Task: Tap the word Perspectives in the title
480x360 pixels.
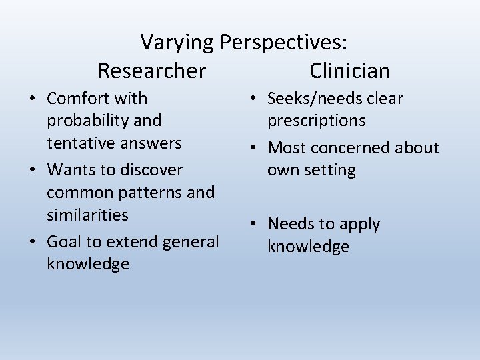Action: coord(283,43)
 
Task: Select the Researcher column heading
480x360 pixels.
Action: coord(152,70)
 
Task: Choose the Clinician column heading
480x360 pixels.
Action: coord(349,70)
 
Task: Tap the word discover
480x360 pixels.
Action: coord(151,169)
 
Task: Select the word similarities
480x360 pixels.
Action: coord(87,215)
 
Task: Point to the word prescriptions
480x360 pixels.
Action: coord(317,121)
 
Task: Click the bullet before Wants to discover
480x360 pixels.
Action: coord(32,170)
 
